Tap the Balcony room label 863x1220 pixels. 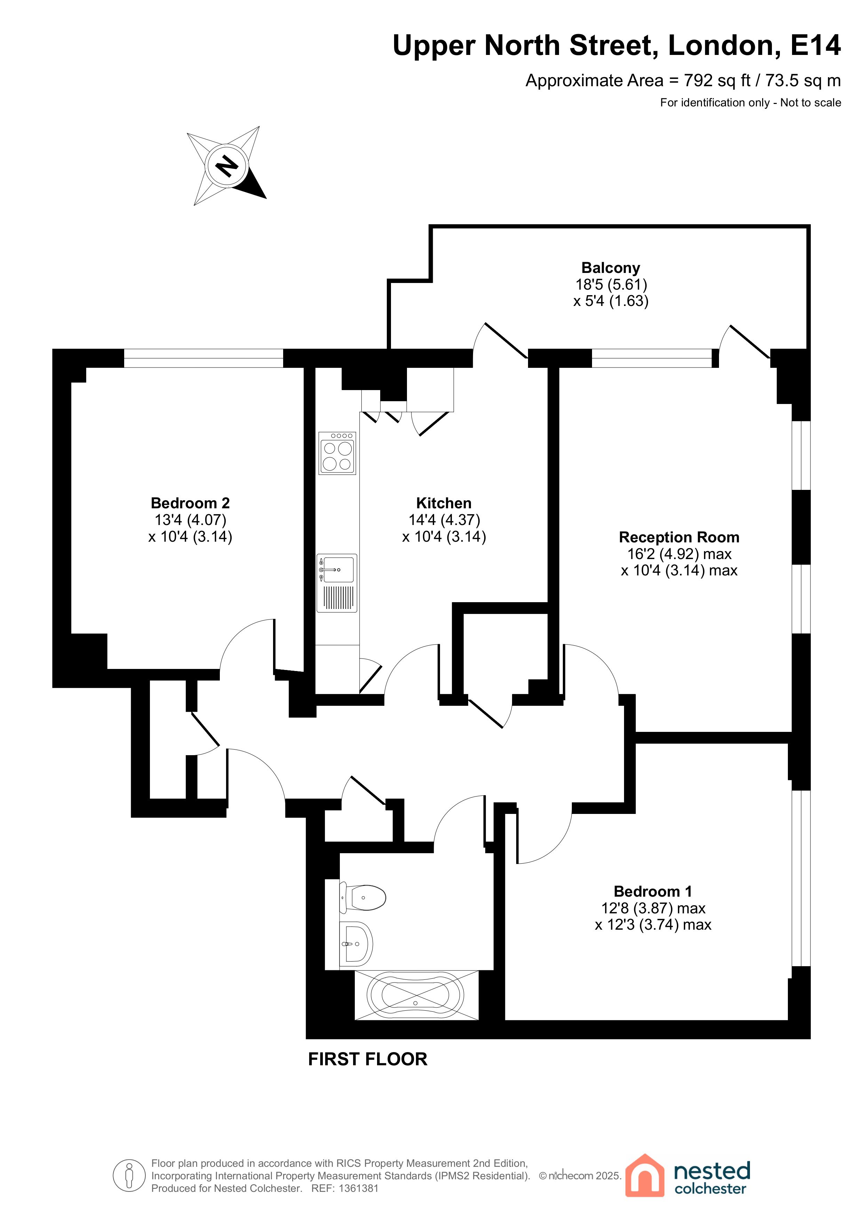point(610,268)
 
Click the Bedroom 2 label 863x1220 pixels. point(190,503)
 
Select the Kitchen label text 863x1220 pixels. point(444,503)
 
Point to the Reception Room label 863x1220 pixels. point(679,537)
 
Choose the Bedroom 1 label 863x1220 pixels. point(653,891)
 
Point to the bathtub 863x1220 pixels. point(416,995)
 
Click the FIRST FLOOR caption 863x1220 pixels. point(367,1059)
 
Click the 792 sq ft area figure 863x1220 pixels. point(717,81)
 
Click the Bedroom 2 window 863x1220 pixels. point(203,358)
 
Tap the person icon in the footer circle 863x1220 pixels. point(129,1175)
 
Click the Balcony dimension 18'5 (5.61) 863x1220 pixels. point(611,284)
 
